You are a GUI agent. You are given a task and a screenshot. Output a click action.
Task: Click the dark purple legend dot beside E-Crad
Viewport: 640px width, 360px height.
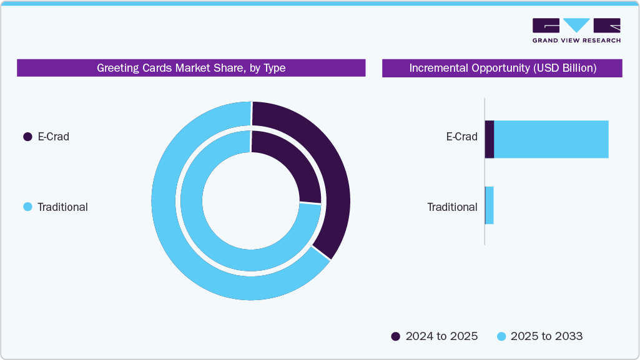pos(27,137)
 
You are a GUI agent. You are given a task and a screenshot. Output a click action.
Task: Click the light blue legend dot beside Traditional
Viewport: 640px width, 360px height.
pos(27,207)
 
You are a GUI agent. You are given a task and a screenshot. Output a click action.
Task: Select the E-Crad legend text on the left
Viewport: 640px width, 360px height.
pos(53,137)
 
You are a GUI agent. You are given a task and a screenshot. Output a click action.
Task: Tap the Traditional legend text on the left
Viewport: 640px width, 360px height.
pos(62,207)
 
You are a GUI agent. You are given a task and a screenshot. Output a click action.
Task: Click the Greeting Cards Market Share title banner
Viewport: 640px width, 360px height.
pos(191,68)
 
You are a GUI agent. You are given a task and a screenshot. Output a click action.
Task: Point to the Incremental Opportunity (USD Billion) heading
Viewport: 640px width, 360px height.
pos(502,68)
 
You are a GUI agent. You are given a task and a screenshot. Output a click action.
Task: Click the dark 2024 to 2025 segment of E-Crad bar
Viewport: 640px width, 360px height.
pos(490,139)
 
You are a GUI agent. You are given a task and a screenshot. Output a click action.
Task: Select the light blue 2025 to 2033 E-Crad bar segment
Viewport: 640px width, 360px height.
pos(551,139)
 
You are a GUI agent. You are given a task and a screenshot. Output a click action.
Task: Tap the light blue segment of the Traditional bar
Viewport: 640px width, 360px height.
pos(490,205)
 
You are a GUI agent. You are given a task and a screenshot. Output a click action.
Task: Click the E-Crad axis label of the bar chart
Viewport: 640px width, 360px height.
pos(461,137)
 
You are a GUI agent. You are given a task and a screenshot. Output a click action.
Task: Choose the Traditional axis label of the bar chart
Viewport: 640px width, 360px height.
pos(452,207)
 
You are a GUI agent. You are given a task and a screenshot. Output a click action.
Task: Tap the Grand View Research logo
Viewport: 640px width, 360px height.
pos(576,31)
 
